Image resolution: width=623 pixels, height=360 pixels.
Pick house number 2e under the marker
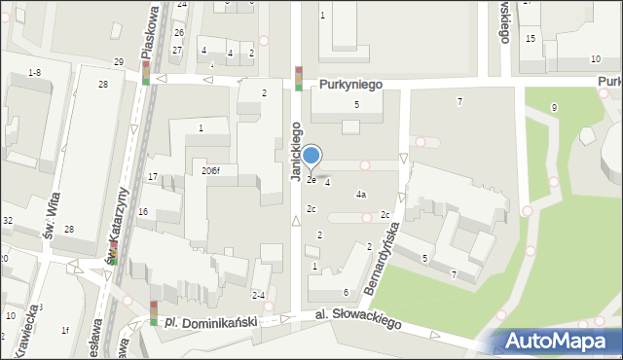(311, 180)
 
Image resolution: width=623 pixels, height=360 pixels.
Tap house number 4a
(360, 195)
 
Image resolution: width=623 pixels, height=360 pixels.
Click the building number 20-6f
(210, 171)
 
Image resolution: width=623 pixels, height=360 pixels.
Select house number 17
(153, 176)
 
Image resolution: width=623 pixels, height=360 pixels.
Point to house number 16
(143, 211)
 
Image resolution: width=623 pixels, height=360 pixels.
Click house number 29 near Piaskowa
(119, 62)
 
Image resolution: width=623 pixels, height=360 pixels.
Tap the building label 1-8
(34, 73)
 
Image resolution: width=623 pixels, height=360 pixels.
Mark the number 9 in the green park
(554, 107)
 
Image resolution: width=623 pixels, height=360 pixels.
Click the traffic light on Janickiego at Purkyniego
(299, 78)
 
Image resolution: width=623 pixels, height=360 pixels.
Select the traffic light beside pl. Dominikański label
(154, 312)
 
